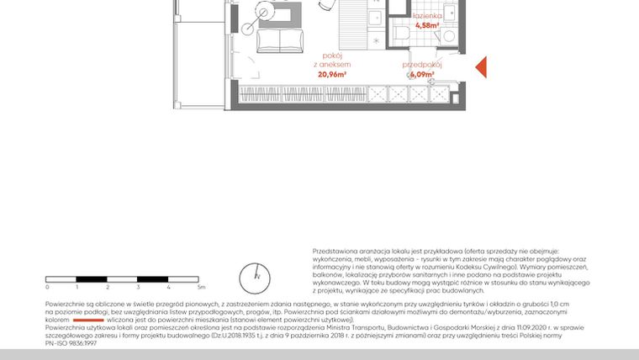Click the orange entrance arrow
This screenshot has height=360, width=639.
pyautogui.click(x=482, y=66)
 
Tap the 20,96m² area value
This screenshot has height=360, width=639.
pyautogui.click(x=334, y=73)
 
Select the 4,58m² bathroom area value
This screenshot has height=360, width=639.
pyautogui.click(x=427, y=26)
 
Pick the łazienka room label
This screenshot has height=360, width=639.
pyautogui.click(x=427, y=16)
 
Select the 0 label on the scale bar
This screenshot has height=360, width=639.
pyautogui.click(x=46, y=288)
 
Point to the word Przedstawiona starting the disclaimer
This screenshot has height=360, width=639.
pyautogui.click(x=335, y=251)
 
